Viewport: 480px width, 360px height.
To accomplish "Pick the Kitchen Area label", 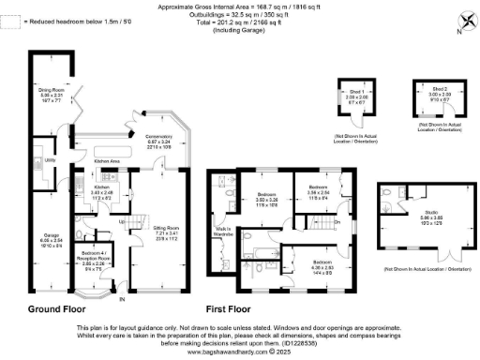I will point(111,161).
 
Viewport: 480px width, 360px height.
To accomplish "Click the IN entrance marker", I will point(121,299).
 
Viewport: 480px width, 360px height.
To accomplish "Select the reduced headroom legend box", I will point(9,18).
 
